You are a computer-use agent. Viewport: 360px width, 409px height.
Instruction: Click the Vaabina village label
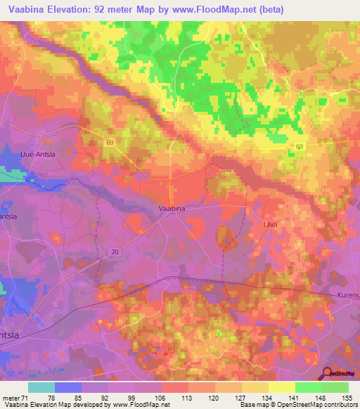(x=172, y=208)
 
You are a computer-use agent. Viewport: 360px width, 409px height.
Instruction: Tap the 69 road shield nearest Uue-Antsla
(x=110, y=142)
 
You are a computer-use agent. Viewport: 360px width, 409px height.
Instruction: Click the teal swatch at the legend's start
(x=41, y=387)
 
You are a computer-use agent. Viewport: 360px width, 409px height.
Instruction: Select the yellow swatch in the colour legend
(x=281, y=387)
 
